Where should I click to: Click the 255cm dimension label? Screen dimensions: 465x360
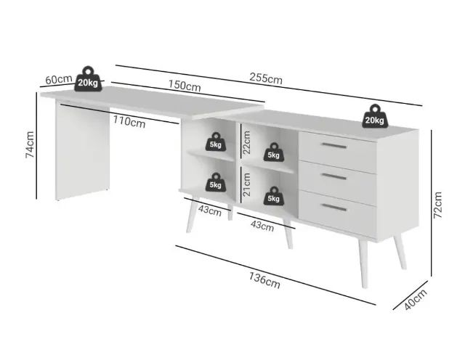(266, 78)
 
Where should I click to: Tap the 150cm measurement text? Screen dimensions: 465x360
(185, 86)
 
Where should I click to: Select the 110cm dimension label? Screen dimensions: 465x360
(129, 122)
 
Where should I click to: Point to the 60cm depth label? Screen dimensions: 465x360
(59, 79)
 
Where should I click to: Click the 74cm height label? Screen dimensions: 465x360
(30, 144)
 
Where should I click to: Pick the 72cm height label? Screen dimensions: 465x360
(437, 205)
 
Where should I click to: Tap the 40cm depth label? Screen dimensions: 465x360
(416, 300)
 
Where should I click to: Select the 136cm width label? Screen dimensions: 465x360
(264, 280)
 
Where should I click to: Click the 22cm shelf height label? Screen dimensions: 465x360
(246, 142)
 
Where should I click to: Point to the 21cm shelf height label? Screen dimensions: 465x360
(246, 184)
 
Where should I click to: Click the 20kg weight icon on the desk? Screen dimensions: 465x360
(88, 79)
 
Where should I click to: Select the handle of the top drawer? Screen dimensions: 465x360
(334, 145)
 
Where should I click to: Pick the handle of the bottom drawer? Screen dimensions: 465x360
(334, 208)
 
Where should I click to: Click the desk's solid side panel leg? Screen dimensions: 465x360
(82, 150)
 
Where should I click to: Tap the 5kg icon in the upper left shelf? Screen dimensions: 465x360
(216, 142)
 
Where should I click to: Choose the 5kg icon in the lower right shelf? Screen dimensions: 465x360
(273, 196)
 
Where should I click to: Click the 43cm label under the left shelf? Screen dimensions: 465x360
(210, 210)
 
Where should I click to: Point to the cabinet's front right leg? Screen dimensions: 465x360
(363, 263)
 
